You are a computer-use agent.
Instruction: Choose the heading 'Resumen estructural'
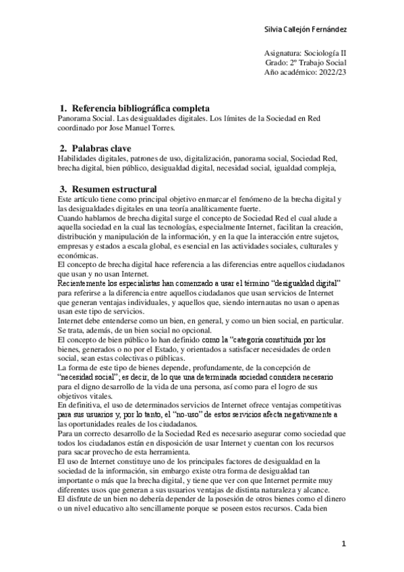click(114, 189)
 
